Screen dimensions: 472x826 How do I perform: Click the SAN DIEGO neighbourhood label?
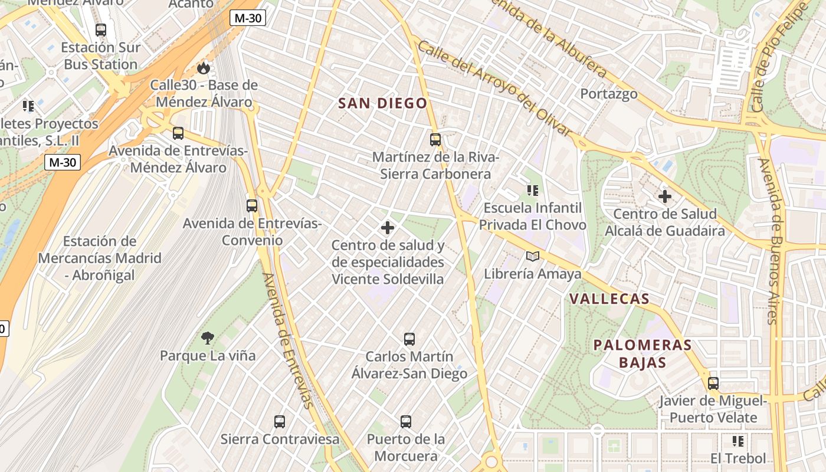382,104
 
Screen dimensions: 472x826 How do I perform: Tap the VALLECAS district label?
609,299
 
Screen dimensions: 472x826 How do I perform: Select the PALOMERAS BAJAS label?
643,353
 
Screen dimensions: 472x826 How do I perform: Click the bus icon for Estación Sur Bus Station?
101,29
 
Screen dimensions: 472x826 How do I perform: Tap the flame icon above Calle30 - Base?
204,68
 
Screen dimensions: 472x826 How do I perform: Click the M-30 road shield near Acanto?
248,18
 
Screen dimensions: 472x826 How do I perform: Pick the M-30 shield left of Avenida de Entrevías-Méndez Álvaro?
63,162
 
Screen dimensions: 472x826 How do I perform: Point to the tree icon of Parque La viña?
207,338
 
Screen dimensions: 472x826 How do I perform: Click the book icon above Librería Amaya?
533,256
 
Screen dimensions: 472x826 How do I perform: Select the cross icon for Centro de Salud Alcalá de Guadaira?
665,196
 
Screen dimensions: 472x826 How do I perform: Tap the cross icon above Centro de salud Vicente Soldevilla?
388,228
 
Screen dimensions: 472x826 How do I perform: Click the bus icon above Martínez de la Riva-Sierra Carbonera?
435,140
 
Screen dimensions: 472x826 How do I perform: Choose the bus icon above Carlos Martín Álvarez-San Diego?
409,339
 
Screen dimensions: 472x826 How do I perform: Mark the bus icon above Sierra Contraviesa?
280,422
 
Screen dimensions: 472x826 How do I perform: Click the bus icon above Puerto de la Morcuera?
406,422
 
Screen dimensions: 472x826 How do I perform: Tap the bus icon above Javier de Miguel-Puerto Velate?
713,383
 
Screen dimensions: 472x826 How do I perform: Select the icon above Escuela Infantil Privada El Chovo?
533,191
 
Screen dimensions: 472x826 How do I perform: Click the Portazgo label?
609,94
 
